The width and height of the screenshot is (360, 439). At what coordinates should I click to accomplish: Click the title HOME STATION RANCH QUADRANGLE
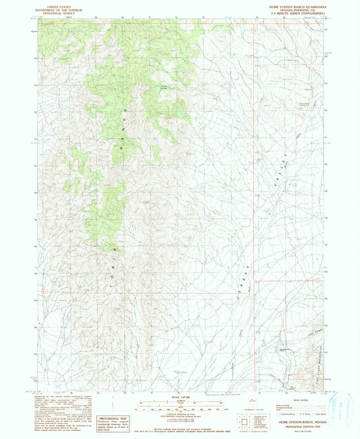293,4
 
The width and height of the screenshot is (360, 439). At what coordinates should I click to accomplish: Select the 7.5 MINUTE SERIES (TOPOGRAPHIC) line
293,12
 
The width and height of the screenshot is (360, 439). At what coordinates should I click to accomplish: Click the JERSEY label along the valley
241,284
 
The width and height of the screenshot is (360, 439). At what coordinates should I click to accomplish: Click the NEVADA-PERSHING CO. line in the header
293,8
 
